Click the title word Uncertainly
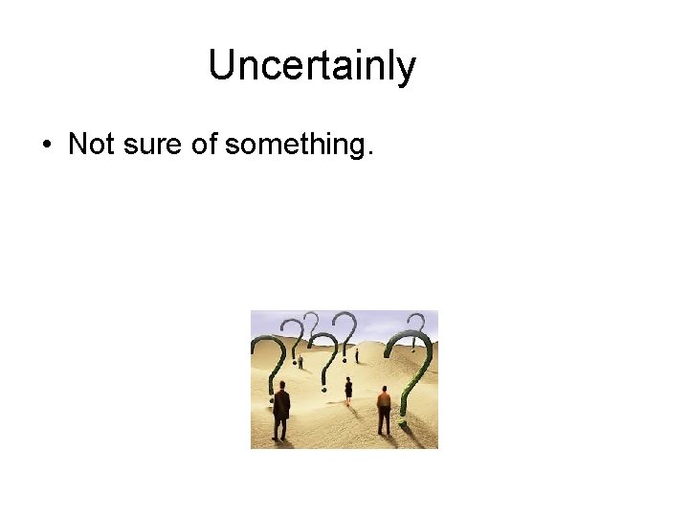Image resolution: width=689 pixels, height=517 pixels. [312, 66]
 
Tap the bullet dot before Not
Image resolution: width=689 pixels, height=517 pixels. [46, 146]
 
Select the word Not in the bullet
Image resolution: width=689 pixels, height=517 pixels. [92, 145]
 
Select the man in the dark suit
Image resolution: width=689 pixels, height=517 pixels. [280, 410]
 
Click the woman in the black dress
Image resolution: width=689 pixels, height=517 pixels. [348, 389]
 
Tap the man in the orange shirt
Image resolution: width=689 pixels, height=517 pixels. [384, 410]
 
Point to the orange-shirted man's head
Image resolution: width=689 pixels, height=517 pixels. [384, 390]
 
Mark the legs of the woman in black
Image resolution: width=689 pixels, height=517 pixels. [348, 397]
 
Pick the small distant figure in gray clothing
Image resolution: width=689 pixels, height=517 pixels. [300, 361]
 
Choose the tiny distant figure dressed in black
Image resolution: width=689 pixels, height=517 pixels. [357, 356]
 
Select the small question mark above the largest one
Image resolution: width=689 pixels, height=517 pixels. [415, 326]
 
